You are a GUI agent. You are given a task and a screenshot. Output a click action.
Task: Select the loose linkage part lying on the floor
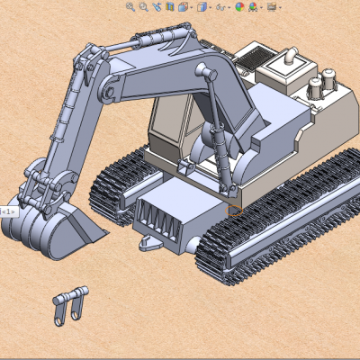coord(70,303)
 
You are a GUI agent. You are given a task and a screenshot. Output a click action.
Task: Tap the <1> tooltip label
coord(7,211)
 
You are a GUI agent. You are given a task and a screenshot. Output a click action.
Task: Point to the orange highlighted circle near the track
coord(235,211)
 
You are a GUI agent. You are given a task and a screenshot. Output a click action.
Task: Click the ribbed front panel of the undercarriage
coord(161,216)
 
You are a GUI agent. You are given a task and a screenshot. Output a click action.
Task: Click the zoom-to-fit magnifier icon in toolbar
coord(130,7)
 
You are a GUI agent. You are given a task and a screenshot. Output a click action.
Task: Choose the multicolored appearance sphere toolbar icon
coord(239,7)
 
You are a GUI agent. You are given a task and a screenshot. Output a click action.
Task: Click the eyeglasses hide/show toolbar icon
coord(221,7)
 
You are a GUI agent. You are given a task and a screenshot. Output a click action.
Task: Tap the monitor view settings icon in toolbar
coord(271,7)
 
